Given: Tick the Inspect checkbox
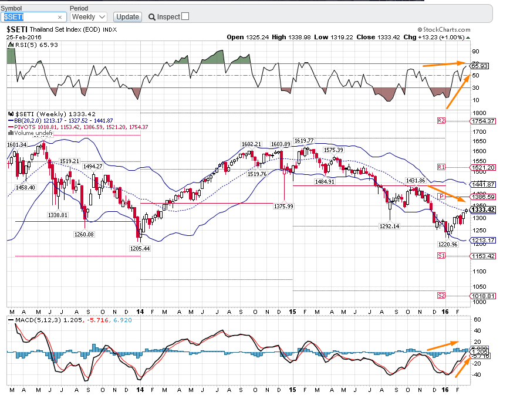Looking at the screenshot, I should [185, 16].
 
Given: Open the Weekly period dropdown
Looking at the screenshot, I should [88, 17].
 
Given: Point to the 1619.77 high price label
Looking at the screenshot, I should [304, 141].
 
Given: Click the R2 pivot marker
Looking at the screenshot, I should [441, 120].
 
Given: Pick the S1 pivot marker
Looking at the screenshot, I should [441, 256].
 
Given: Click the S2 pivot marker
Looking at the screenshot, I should [441, 296].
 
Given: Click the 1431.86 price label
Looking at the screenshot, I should [415, 181].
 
